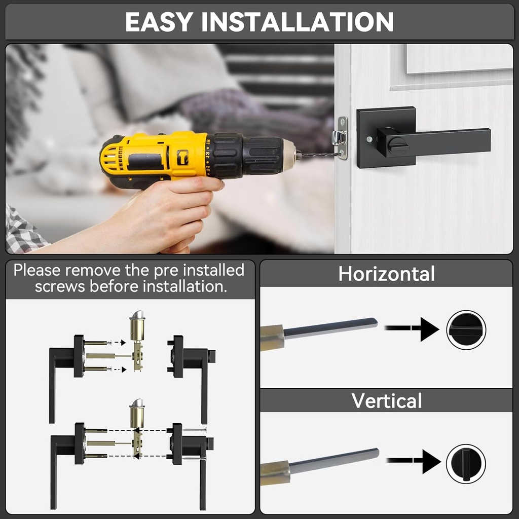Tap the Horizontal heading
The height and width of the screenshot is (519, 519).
pos(386,274)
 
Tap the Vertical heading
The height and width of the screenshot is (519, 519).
pos(386,401)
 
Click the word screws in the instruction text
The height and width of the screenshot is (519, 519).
pos(60,286)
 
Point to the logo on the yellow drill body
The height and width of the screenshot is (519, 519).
pos(182,157)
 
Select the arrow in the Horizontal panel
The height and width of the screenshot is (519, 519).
pos(413,329)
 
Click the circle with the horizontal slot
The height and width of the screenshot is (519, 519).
pos(466,330)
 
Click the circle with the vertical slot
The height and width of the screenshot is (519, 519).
pos(466,463)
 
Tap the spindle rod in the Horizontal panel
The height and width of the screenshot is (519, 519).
pos(329,328)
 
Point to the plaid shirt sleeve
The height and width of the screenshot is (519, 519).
pos(23,231)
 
